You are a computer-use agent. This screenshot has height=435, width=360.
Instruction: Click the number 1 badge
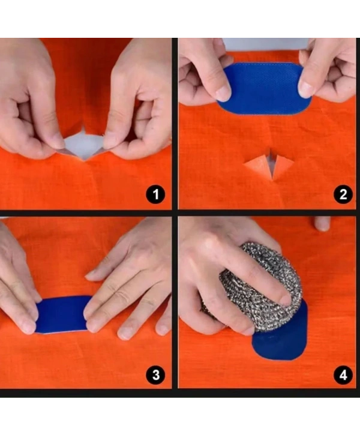coord(156,194)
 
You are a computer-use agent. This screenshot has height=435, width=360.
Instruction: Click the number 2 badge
coord(343,194)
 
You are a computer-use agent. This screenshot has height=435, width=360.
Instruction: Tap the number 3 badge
coord(156,376)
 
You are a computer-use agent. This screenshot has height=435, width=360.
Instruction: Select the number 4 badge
coord(343,376)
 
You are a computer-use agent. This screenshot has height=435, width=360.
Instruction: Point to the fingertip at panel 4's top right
coord(322,224)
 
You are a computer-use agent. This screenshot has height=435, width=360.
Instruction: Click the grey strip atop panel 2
coord(264,43)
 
